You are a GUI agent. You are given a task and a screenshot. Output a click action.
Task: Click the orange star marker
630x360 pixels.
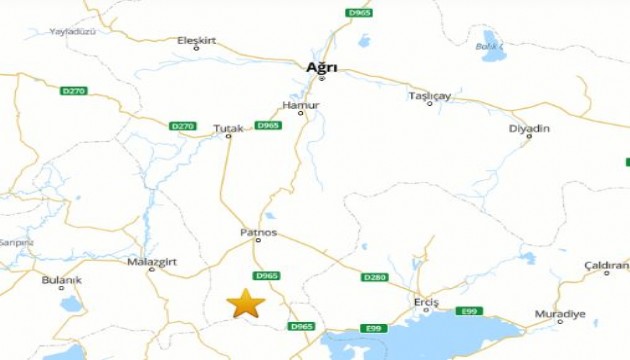245,302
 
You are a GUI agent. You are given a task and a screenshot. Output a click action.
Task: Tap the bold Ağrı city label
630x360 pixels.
321,67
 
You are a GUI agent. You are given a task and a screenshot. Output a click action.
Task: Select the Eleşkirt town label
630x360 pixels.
196,40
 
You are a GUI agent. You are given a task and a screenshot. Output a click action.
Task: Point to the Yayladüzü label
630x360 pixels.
72,32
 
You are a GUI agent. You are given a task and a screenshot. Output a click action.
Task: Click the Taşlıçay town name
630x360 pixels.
430,96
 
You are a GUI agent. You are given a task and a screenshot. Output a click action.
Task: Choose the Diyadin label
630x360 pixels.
529,128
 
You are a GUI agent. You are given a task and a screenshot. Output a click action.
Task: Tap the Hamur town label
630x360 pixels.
301,104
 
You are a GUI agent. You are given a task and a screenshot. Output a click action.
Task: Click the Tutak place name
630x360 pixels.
228,128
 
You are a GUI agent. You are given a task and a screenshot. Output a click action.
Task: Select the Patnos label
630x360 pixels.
257,232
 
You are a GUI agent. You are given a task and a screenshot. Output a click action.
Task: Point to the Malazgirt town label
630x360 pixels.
150,261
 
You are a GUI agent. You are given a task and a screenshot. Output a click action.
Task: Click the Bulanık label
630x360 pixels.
61,280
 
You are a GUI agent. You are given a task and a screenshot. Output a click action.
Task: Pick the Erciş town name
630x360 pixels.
426,301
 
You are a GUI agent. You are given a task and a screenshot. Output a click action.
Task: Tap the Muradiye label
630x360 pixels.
560,314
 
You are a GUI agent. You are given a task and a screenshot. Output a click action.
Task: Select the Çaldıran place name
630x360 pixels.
606,265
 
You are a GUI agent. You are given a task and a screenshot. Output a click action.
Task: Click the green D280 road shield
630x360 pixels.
374,277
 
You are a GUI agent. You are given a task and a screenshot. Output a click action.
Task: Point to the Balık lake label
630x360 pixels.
487,46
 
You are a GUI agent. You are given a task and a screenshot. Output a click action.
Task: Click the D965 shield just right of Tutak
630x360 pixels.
267,125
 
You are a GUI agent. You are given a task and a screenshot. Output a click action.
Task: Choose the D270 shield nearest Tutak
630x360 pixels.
182,126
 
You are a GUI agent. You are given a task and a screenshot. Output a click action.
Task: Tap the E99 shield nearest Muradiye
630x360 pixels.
469,311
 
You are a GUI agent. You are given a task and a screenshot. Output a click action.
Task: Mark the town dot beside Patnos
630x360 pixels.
258,240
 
